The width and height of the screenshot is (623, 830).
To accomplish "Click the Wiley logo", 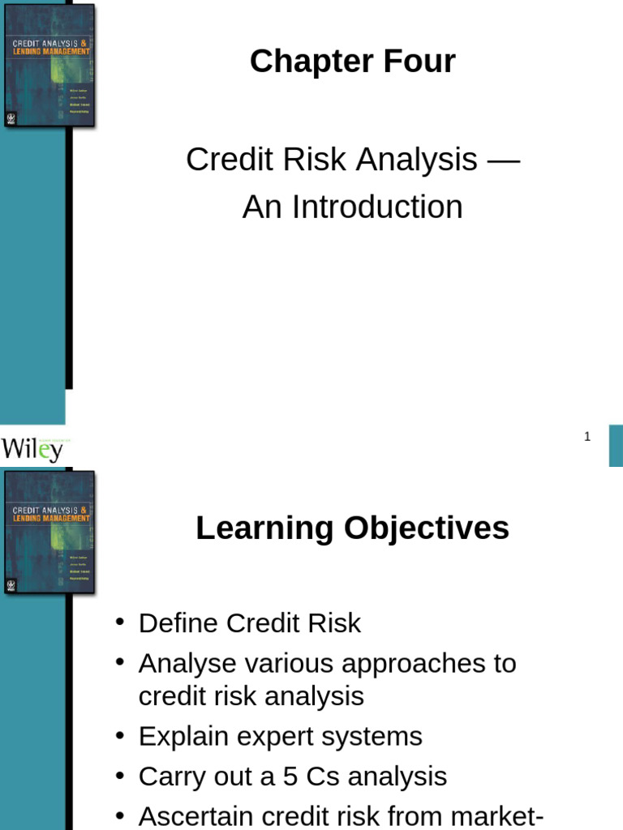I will coord(32,448).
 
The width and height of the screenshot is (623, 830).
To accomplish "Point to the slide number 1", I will coord(587,437).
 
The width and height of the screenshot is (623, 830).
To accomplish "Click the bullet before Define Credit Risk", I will coord(120,622).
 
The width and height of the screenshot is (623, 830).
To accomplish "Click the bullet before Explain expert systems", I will coord(120,735).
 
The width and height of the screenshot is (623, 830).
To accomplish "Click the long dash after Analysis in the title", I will coord(503,160).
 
